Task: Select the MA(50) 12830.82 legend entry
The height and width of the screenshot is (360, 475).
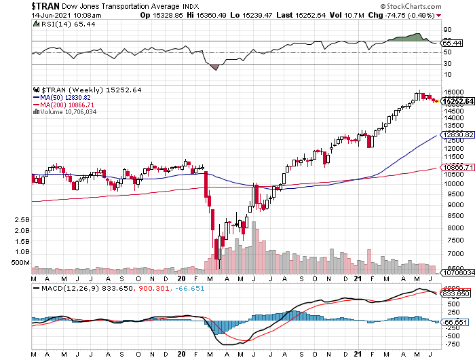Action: click(x=67, y=98)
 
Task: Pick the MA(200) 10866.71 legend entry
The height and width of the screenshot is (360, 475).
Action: click(x=69, y=105)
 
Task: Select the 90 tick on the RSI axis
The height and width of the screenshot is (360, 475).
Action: click(x=447, y=30)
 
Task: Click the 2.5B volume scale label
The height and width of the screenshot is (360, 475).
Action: click(x=20, y=221)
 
